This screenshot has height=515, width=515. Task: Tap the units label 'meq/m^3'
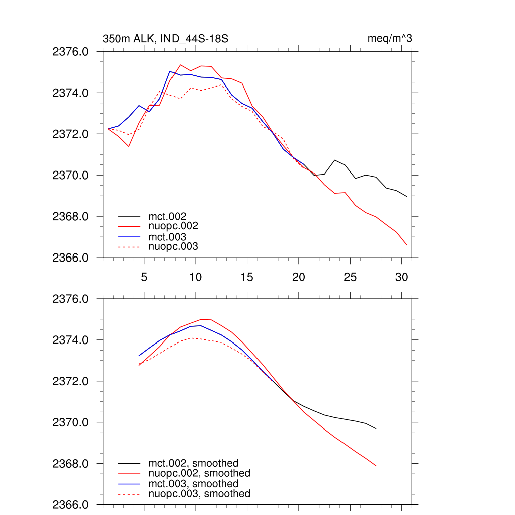pos(390,39)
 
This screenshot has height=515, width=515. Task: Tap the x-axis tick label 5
pos(144,277)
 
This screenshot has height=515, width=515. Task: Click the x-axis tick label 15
pos(247,277)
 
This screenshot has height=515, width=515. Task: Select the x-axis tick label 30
pos(401,277)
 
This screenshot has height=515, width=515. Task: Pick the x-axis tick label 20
pos(299,277)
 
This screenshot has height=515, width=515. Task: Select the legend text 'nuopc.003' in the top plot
pos(173,247)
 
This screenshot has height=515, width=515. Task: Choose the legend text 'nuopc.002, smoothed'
pos(199,473)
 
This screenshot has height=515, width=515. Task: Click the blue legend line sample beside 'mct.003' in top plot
pos(129,237)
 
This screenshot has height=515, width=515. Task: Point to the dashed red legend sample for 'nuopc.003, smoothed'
pos(129,494)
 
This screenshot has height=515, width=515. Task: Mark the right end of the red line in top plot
pos(406,245)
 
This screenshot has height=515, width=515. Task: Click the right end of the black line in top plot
pos(406,196)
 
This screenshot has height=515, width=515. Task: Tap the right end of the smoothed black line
pos(376,428)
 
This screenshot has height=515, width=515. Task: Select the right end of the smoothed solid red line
pos(376,466)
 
